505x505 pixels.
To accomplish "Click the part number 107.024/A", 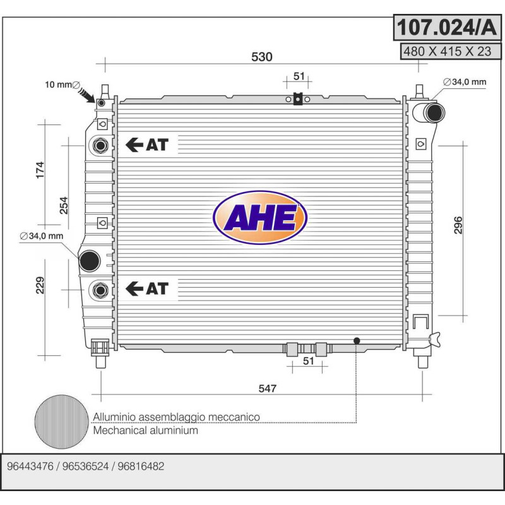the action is [447, 27].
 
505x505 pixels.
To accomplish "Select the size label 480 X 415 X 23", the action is [448, 52].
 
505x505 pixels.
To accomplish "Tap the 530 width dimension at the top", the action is [261, 57].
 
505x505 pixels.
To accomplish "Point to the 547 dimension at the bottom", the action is [267, 388].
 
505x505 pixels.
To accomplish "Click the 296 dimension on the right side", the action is [458, 225].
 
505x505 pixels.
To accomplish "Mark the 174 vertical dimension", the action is [40, 170].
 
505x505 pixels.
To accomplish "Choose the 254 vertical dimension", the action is [64, 205].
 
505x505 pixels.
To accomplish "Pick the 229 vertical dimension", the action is [40, 285].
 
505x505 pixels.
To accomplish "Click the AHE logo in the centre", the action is [260, 218].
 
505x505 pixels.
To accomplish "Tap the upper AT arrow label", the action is [147, 145].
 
